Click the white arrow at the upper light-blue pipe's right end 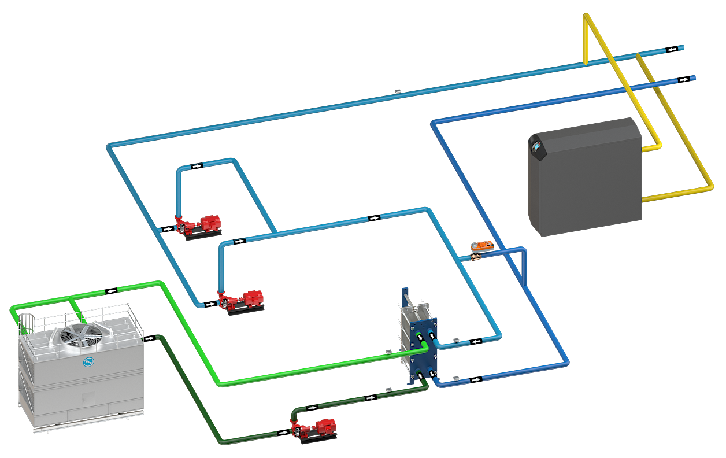click(x=672, y=50)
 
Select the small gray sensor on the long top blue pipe click(x=398, y=91)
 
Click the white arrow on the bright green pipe click(x=111, y=290)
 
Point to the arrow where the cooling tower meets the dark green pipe click(x=150, y=338)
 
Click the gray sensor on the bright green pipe click(x=389, y=351)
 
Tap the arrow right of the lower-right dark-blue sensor click(x=475, y=380)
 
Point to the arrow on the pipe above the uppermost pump click(x=197, y=166)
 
